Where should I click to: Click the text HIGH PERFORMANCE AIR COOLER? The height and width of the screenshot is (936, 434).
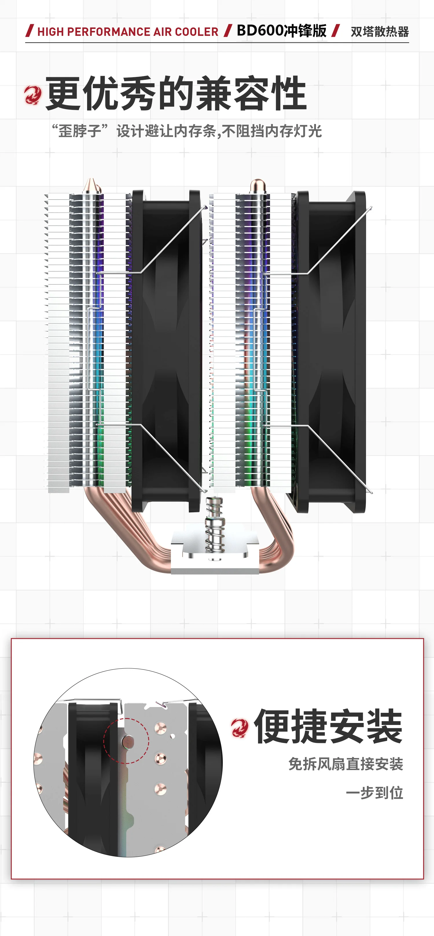(128, 32)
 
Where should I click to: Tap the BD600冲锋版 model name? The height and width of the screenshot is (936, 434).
(282, 31)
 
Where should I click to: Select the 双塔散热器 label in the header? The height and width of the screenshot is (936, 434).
(379, 32)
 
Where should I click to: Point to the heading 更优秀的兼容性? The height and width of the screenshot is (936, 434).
(176, 93)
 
